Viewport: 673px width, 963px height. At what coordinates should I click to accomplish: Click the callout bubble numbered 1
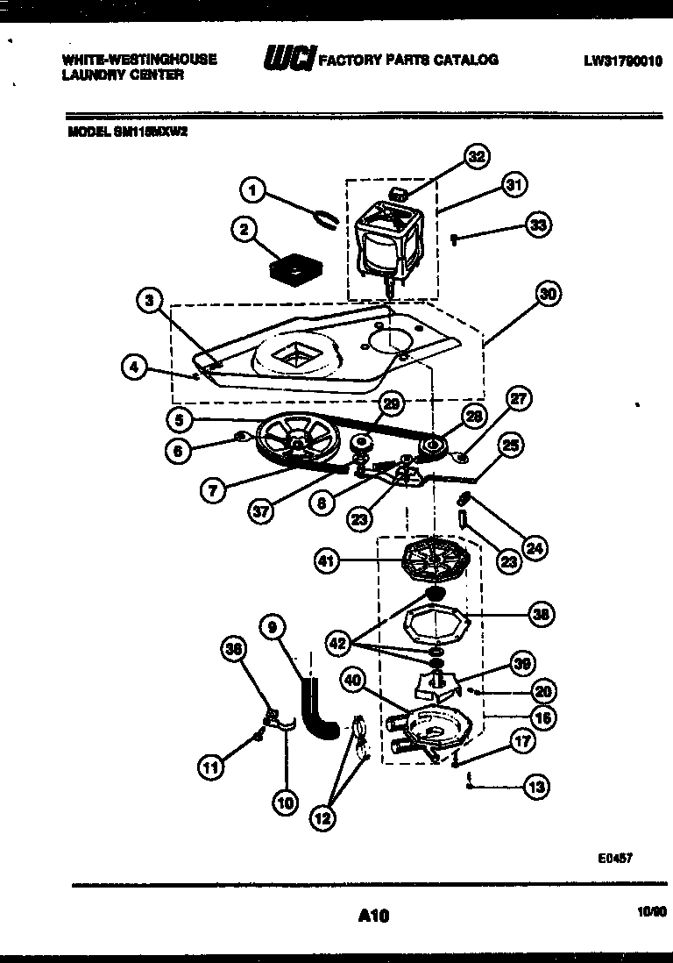pyautogui.click(x=252, y=189)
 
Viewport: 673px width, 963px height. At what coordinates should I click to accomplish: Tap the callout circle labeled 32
pyautogui.click(x=475, y=158)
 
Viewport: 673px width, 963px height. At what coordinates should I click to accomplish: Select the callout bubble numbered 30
pyautogui.click(x=548, y=296)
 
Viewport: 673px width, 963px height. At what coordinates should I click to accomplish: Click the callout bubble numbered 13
pyautogui.click(x=536, y=787)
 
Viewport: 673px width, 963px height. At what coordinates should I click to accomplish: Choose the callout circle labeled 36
pyautogui.click(x=233, y=649)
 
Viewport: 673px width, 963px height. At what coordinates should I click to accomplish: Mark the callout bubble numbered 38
pyautogui.click(x=541, y=615)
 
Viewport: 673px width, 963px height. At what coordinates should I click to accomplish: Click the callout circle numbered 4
pyautogui.click(x=134, y=368)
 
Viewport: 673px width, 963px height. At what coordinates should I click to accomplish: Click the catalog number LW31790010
pyautogui.click(x=623, y=61)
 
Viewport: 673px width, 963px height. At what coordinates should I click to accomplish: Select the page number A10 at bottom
pyautogui.click(x=373, y=916)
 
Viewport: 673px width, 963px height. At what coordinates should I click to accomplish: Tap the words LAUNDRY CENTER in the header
pyautogui.click(x=123, y=75)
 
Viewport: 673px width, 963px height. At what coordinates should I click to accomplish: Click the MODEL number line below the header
pyautogui.click(x=128, y=133)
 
